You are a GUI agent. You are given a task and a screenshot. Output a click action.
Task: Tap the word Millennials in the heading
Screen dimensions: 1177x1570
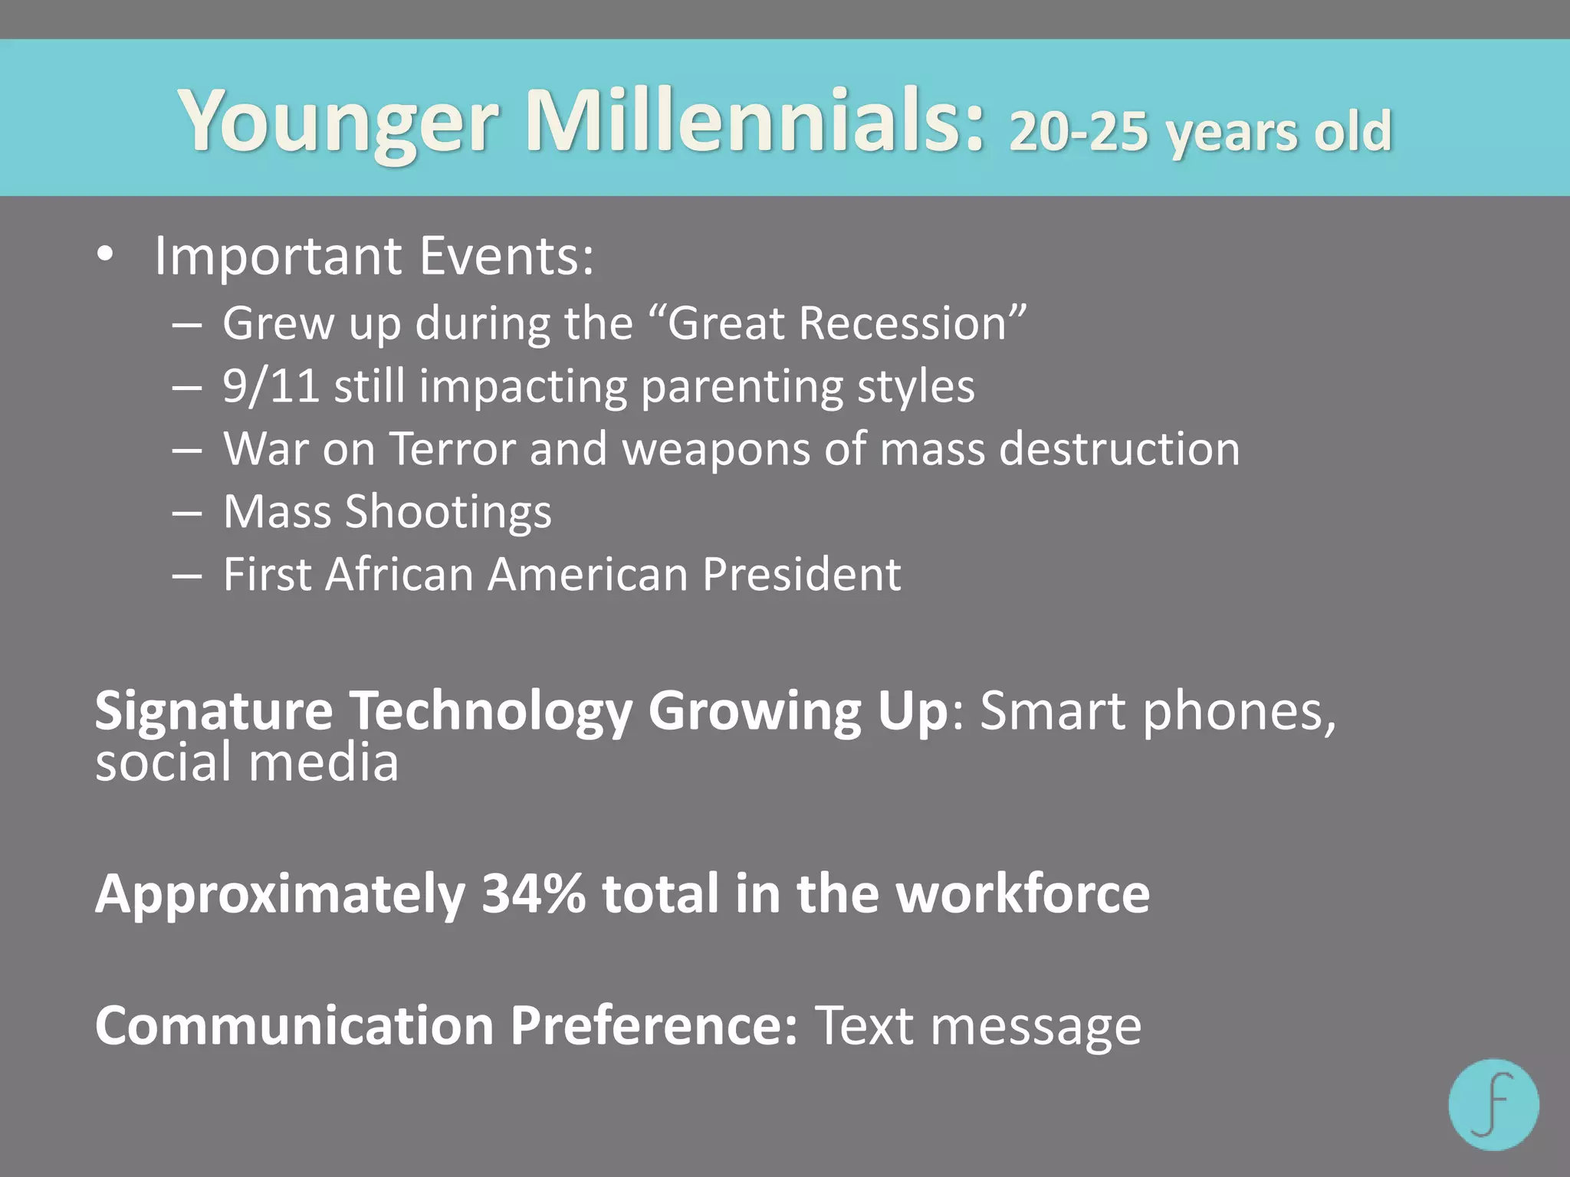point(755,120)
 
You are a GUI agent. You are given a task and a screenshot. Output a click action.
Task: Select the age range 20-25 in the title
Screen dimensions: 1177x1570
point(1079,132)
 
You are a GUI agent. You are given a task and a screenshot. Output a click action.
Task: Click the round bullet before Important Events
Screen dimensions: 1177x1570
point(106,255)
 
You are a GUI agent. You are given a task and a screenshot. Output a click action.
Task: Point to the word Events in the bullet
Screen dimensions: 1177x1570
point(506,255)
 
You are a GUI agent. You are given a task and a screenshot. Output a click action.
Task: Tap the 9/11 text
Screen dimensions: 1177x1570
point(271,385)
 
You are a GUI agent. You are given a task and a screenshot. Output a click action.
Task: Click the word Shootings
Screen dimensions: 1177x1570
point(448,512)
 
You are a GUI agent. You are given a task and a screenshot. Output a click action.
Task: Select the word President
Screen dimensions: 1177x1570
point(801,574)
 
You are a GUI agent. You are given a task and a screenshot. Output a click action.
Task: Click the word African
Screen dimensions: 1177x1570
point(399,574)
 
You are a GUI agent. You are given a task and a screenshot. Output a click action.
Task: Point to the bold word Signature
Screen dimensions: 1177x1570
point(213,711)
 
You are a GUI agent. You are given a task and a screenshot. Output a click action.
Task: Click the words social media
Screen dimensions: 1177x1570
point(247,762)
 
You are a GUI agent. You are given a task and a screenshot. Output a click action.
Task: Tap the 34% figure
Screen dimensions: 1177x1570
point(534,893)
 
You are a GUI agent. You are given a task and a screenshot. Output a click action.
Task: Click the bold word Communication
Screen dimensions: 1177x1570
point(294,1025)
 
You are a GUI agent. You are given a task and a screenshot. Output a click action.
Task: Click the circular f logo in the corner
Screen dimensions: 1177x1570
point(1493,1104)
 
